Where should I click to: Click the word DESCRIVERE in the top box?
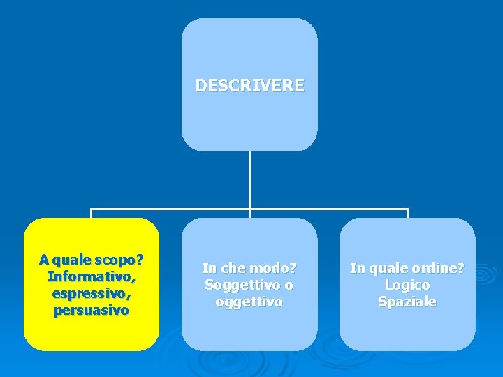[249, 86]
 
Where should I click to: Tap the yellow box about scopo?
[92, 328]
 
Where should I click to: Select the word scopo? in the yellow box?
[121, 260]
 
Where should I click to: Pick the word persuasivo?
[92, 311]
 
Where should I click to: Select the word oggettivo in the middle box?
[249, 302]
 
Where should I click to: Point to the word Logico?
[407, 285]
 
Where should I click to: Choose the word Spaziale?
[407, 302]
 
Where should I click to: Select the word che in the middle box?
[231, 268]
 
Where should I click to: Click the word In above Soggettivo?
[208, 268]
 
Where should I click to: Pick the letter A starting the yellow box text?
[44, 260]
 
